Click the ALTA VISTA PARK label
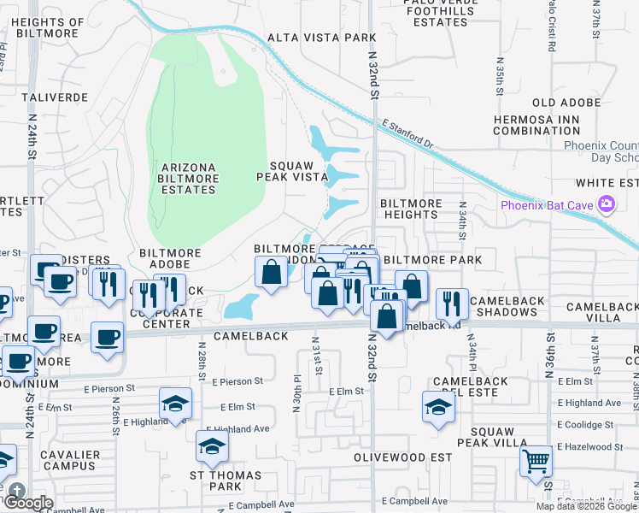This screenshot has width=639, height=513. [322, 38]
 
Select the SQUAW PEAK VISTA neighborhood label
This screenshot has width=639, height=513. [293, 171]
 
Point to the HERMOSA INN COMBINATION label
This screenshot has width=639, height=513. [536, 124]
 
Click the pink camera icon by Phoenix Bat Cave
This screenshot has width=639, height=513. [607, 204]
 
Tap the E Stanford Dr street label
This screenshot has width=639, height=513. [409, 135]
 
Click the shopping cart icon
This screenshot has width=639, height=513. [536, 462]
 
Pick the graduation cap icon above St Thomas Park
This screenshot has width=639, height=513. [212, 445]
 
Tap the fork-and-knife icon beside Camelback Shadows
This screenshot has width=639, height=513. [451, 302]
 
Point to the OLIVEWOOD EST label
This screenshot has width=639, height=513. [402, 457]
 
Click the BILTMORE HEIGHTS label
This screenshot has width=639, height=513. [411, 209]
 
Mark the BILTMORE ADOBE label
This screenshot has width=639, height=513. [170, 259]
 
